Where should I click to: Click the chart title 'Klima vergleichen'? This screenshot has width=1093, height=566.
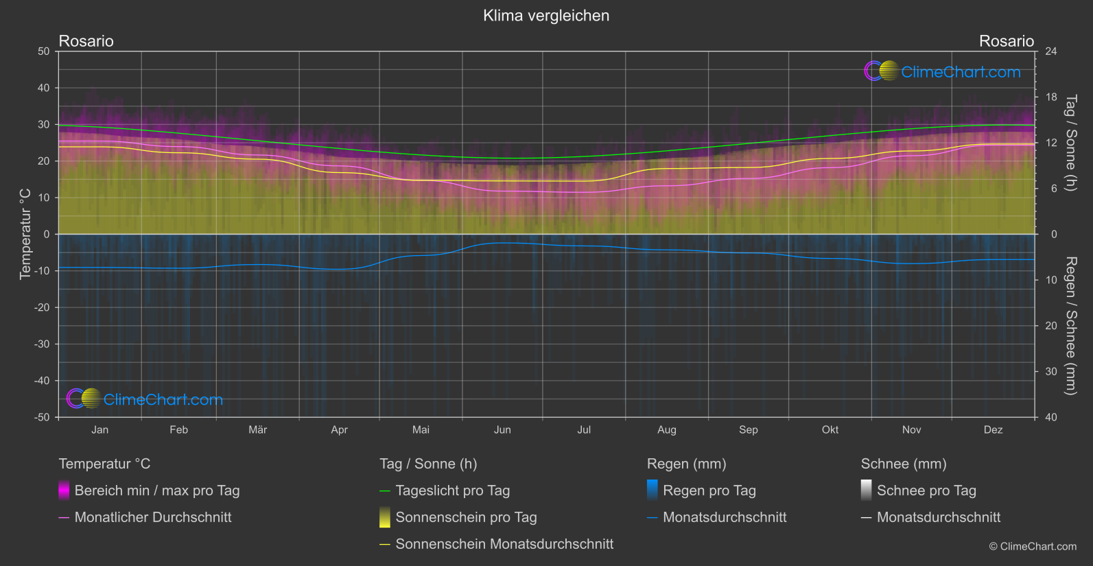tap(546, 16)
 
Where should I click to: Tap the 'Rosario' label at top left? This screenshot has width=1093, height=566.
tap(86, 41)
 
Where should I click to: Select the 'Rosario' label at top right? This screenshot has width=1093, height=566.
tap(1006, 41)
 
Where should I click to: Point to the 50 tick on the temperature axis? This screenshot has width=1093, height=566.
tap(44, 51)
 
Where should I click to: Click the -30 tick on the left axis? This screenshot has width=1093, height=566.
tap(42, 344)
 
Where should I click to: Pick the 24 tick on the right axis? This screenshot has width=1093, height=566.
tap(1050, 51)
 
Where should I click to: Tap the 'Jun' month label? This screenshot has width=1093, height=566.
tap(502, 430)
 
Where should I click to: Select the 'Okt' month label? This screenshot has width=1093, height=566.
tap(830, 430)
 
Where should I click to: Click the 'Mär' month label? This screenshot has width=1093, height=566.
tap(257, 430)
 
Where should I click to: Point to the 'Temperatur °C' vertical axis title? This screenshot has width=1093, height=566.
tap(25, 234)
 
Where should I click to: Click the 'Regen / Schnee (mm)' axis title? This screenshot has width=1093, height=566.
tap(1070, 326)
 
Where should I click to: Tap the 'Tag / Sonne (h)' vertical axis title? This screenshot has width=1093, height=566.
tap(1070, 143)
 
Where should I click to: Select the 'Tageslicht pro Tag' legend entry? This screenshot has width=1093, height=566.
tap(452, 491)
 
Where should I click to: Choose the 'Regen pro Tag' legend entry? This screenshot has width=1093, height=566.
tap(709, 491)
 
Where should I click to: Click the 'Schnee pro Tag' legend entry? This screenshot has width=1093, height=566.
tap(926, 491)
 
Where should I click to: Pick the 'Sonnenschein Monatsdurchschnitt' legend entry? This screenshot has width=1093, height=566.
tap(504, 544)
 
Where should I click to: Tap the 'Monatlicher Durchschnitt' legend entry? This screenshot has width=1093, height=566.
tap(152, 517)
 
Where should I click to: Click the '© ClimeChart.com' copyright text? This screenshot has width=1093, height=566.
tap(1033, 547)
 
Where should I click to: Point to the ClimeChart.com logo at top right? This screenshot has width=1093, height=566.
tap(943, 71)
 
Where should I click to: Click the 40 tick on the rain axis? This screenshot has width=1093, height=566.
tap(1050, 417)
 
